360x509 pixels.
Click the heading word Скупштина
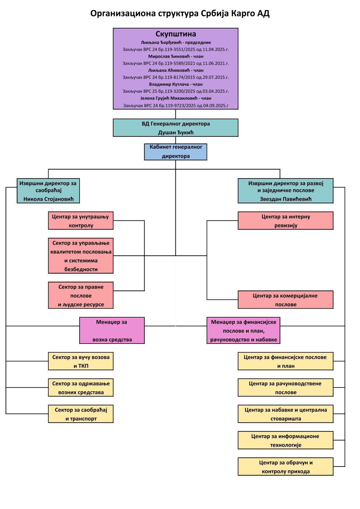click(x=175, y=34)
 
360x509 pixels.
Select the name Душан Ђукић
click(x=175, y=132)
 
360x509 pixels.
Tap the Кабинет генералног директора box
click(x=175, y=152)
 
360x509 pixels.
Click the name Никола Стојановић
click(x=48, y=199)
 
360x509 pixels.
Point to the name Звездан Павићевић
click(x=286, y=199)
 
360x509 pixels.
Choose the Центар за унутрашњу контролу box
click(x=80, y=221)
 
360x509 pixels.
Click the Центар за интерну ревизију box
click(x=286, y=221)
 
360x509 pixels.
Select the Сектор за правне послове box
click(x=80, y=295)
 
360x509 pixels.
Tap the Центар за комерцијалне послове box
click(x=286, y=300)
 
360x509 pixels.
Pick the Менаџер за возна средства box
click(x=112, y=331)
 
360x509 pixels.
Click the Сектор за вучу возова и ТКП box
click(x=80, y=361)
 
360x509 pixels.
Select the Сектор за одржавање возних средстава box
click(x=80, y=387)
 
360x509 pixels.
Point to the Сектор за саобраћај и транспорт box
click(x=80, y=414)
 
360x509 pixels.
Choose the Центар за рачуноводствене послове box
click(x=286, y=387)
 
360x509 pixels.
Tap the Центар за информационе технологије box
click(x=286, y=440)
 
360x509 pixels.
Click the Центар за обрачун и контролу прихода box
click(x=286, y=467)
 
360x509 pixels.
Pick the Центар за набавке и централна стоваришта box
click(x=286, y=414)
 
